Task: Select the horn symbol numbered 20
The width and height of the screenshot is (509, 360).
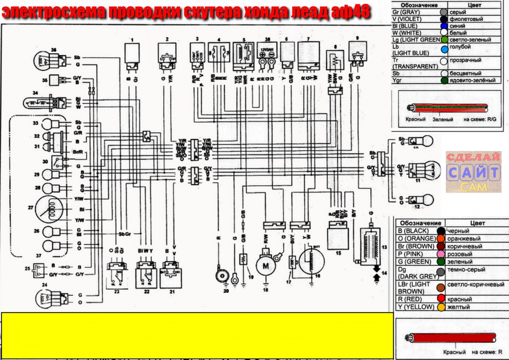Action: click(x=221, y=276)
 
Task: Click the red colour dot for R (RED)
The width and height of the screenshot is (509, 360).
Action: click(x=441, y=299)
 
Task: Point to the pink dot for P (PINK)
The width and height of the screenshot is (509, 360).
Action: click(x=441, y=254)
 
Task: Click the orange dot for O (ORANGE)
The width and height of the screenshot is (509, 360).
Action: click(x=441, y=239)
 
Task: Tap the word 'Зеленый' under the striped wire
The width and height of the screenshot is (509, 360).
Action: click(x=443, y=120)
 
